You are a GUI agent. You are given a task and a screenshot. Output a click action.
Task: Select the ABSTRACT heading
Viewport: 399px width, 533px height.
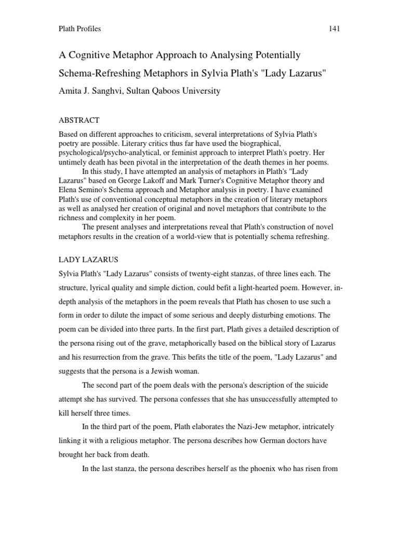click(x=79, y=120)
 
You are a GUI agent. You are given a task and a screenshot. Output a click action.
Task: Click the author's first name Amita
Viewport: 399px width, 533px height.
click(x=70, y=91)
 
